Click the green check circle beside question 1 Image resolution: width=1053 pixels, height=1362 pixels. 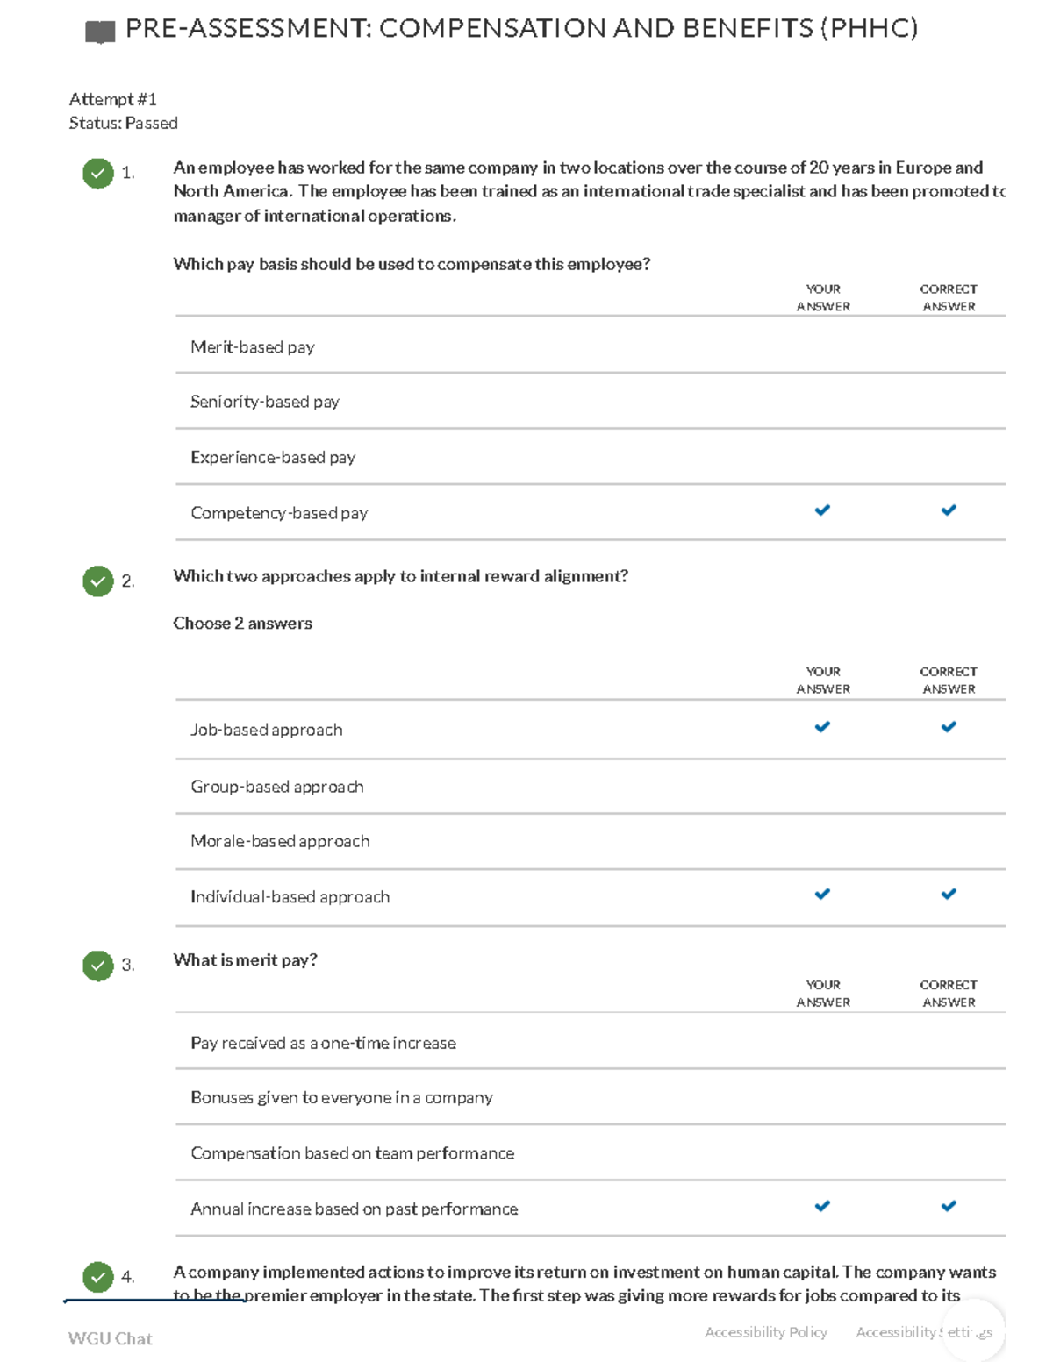[x=98, y=173]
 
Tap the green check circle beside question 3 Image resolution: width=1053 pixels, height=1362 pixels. [x=98, y=966]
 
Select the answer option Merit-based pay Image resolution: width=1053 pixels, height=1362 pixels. [x=253, y=347]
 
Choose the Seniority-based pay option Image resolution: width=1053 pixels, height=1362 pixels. [x=265, y=402]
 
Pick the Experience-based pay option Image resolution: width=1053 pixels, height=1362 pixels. [x=273, y=457]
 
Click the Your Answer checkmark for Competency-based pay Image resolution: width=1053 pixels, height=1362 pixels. [x=822, y=510]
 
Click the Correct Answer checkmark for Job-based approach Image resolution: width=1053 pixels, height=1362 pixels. [x=949, y=727]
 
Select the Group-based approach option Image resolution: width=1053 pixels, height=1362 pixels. [x=277, y=787]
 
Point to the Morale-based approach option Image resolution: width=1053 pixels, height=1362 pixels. [x=280, y=841]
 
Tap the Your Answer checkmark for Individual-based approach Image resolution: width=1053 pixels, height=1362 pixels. [x=822, y=895]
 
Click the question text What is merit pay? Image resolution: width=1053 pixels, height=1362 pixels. [x=246, y=959]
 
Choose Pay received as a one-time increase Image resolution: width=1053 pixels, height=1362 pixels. [x=323, y=1043]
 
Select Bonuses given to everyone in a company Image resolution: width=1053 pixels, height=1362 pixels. [x=341, y=1097]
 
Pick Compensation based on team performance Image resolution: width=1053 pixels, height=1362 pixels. [x=352, y=1153]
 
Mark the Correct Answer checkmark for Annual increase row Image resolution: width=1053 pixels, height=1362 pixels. [x=949, y=1207]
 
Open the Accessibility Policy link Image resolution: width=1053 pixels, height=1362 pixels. [x=766, y=1332]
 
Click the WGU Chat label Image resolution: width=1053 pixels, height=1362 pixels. [x=111, y=1338]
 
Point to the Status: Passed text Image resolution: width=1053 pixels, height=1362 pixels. [x=124, y=123]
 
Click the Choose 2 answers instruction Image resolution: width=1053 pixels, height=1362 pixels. [x=243, y=624]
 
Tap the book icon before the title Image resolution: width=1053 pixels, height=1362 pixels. [x=100, y=32]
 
